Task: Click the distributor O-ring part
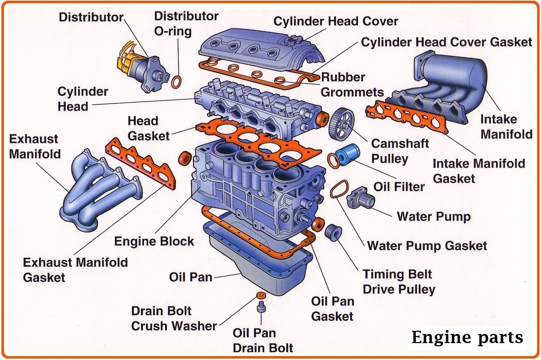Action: click(177, 82)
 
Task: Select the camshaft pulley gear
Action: click(341, 124)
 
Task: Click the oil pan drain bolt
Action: click(261, 307)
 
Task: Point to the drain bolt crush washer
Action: click(261, 295)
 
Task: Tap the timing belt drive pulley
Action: click(333, 232)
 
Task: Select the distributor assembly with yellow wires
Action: click(141, 69)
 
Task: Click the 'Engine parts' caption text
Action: click(467, 337)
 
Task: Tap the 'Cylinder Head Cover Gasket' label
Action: click(446, 42)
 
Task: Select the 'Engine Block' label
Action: click(154, 241)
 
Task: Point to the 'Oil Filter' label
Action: click(399, 187)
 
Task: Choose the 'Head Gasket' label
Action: click(148, 128)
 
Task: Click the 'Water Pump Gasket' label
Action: click(427, 245)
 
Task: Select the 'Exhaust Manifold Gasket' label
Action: click(75, 270)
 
